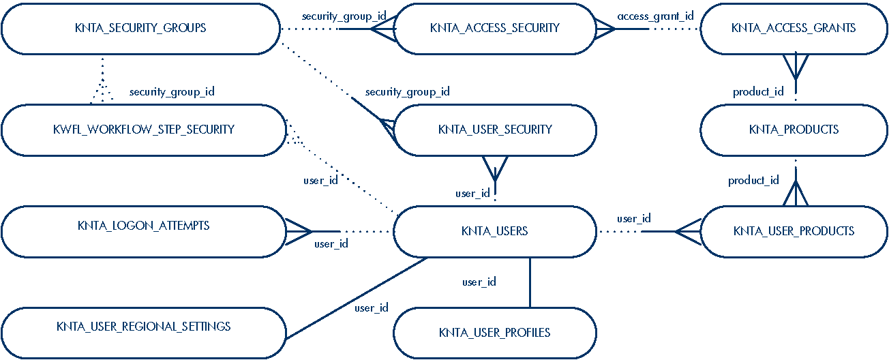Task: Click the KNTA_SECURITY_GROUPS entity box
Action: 140,29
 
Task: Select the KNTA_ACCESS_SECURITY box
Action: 495,29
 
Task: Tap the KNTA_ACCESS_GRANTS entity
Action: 794,29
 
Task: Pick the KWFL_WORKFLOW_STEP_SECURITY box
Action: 143,130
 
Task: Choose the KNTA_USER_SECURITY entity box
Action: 495,130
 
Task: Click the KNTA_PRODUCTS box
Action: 794,130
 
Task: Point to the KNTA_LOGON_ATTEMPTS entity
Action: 143,226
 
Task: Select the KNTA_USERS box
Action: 495,231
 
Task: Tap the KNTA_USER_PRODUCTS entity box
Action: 794,231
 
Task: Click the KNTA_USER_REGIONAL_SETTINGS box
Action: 143,327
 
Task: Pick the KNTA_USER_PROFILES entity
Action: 495,333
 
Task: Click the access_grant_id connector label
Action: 655,16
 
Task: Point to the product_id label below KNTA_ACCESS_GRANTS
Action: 758,91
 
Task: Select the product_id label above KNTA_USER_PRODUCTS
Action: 753,181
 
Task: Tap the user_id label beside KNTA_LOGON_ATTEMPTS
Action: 331,243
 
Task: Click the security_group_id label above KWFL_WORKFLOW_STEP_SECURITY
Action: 172,91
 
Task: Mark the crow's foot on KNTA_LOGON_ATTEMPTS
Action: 298,232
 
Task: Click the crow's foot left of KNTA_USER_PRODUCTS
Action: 688,232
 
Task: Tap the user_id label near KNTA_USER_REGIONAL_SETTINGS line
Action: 372,307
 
